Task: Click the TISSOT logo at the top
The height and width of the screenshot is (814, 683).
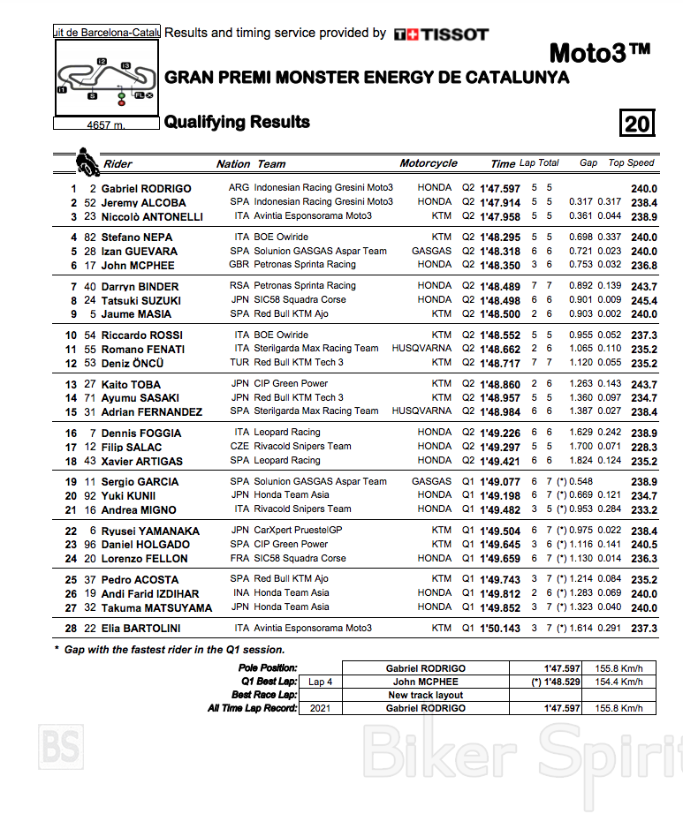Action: coord(441,34)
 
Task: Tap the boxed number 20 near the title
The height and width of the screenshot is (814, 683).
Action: coord(636,123)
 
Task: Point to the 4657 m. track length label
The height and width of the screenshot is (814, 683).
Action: coord(106,125)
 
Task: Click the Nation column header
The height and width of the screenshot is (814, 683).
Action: coord(233,163)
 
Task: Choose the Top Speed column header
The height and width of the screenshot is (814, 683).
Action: coord(631,162)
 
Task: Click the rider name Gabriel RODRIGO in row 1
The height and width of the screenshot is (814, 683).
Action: coord(146,188)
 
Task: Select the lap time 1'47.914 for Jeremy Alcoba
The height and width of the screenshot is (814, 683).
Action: coord(500,202)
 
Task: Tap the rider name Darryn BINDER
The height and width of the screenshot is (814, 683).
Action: coord(140,287)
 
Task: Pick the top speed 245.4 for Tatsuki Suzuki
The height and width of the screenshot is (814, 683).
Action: coord(643,300)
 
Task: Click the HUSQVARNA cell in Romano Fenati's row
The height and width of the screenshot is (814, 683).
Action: coord(421,349)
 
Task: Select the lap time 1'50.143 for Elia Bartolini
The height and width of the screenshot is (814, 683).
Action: coord(500,629)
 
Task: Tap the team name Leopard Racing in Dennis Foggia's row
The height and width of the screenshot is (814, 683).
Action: coord(287,433)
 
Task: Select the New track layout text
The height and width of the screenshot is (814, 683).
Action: coord(426,695)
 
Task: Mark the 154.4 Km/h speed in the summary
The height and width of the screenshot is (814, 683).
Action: coord(618,682)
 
